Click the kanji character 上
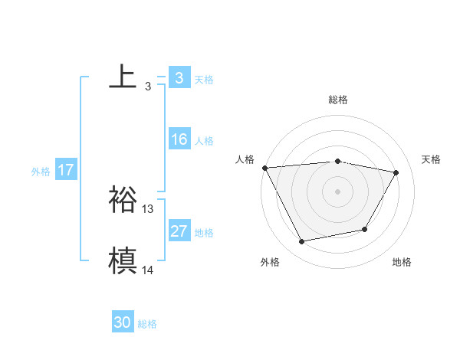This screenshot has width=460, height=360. (123, 77)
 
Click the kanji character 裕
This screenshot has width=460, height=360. (123, 199)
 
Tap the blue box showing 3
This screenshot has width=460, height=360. (179, 78)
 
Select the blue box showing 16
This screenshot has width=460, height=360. (179, 139)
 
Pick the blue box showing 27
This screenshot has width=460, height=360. (179, 231)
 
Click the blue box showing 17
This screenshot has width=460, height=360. (65, 170)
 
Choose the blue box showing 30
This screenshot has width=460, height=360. (123, 323)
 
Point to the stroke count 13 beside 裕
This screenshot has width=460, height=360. (148, 208)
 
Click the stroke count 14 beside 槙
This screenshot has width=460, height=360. (148, 270)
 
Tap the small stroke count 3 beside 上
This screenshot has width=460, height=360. (147, 86)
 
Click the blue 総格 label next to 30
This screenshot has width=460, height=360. (147, 324)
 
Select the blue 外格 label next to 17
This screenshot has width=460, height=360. (41, 172)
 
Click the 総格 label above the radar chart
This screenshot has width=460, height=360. (338, 100)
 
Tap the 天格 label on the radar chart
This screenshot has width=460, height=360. (432, 159)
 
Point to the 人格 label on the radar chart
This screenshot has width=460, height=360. (245, 159)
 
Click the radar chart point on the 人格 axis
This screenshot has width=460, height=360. (264, 167)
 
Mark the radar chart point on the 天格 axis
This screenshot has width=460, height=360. (396, 172)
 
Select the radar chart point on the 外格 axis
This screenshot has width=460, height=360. (302, 242)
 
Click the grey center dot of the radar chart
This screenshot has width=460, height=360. (338, 191)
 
